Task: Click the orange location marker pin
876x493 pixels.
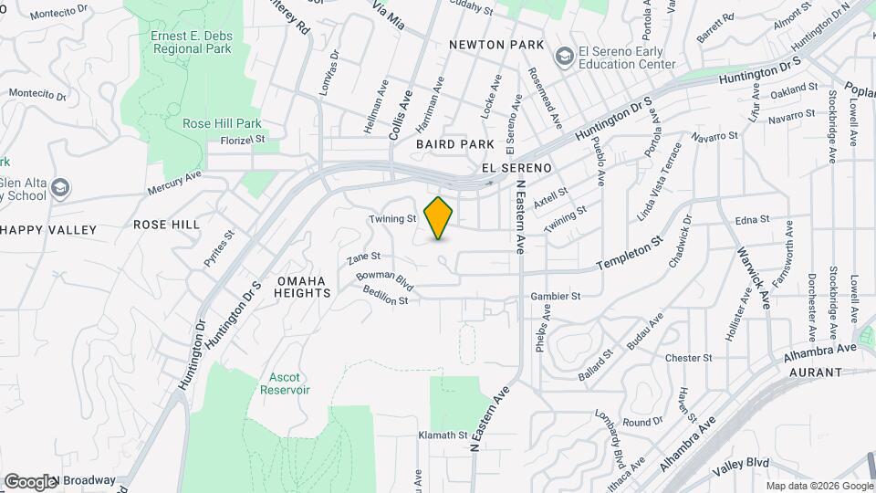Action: (x=439, y=218)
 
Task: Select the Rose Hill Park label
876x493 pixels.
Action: (x=222, y=123)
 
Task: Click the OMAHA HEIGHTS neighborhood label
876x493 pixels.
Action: (x=303, y=287)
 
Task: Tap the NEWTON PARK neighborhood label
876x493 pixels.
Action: (x=496, y=45)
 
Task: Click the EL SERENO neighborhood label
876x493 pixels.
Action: (x=516, y=169)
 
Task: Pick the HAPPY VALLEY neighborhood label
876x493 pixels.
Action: (x=48, y=230)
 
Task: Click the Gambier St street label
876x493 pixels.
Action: (x=556, y=297)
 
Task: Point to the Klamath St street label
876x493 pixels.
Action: (x=443, y=435)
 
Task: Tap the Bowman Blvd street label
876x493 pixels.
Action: (x=385, y=280)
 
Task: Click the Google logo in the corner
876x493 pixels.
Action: (x=30, y=481)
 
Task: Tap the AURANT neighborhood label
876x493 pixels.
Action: (x=809, y=372)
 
